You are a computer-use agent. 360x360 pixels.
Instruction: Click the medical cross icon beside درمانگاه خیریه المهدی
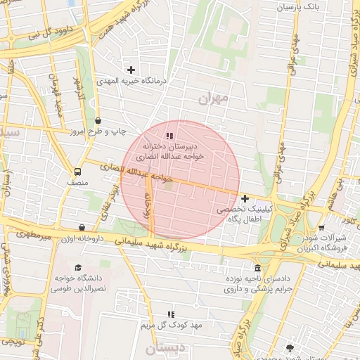(131, 69)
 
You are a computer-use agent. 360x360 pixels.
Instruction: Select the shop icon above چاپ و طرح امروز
(98, 120)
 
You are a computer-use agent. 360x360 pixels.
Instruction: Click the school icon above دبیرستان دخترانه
(169, 136)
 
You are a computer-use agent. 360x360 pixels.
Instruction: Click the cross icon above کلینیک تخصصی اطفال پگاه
(245, 199)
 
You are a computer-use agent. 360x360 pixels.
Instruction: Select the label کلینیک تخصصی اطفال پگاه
(237, 214)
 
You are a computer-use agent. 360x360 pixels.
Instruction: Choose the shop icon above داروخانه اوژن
(83, 228)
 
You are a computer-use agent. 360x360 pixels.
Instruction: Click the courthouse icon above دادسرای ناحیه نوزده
(258, 269)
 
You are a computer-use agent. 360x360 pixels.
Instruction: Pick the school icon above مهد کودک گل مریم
(170, 314)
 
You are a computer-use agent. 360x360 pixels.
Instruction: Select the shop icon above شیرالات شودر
(321, 227)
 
